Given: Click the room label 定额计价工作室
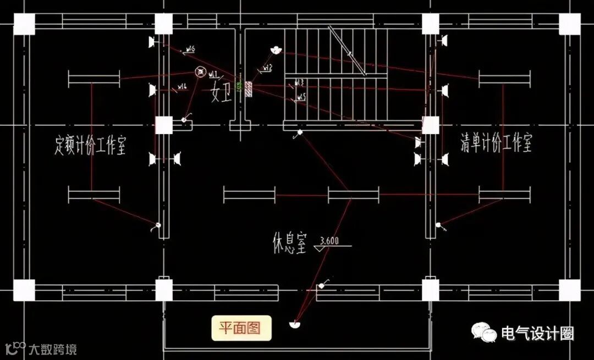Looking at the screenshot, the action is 91,145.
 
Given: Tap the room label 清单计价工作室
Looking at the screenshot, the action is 496,144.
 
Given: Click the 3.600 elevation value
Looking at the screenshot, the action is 329,240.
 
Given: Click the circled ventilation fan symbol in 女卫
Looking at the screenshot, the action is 201,72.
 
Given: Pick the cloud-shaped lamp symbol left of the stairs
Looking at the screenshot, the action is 276,50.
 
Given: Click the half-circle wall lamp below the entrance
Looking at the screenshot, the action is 295,324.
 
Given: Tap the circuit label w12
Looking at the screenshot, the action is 267,67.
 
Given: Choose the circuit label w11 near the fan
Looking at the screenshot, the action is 213,73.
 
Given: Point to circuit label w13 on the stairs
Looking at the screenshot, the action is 300,82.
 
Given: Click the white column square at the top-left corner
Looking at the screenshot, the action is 24,24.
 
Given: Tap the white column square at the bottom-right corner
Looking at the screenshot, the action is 569,290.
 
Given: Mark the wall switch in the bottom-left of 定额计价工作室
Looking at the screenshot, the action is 157,225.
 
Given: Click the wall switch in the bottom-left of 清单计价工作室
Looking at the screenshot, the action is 438,225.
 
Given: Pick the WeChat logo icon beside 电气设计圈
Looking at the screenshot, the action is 483,332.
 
